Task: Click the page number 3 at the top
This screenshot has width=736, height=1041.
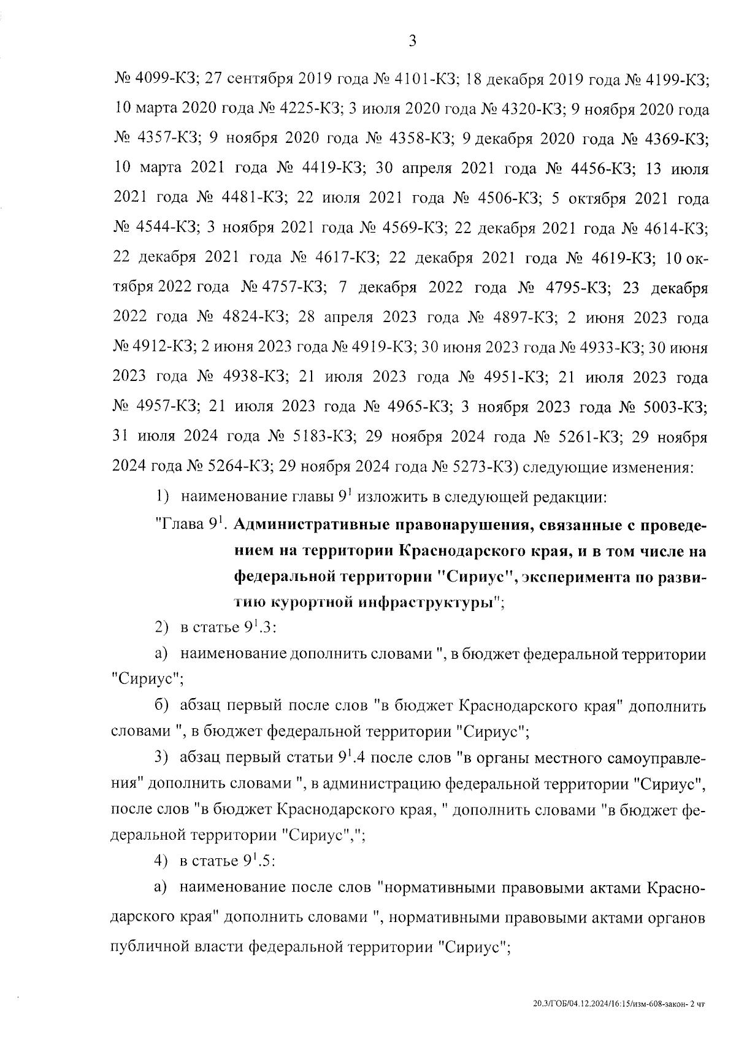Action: [412, 42]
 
